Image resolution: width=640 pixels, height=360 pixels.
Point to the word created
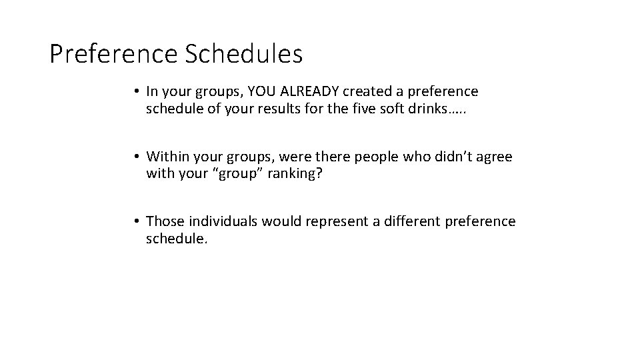(377, 91)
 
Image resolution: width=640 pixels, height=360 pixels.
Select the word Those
(164, 221)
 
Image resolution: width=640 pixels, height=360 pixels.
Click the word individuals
(223, 221)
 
